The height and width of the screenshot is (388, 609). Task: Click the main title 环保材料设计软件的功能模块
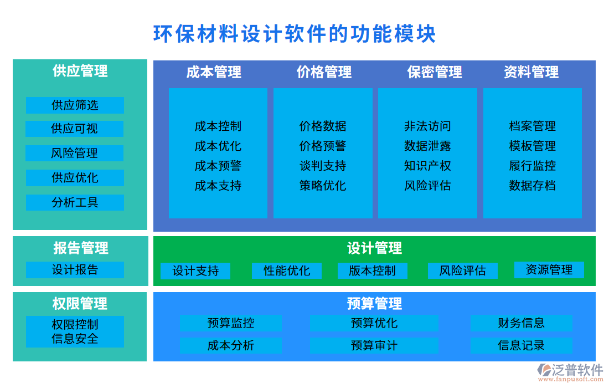[x=295, y=34]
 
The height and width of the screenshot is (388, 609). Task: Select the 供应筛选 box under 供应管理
[x=75, y=105]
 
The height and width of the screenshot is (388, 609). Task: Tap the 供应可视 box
[x=75, y=129]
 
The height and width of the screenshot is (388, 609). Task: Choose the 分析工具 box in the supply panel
[x=75, y=202]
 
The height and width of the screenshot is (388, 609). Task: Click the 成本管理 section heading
[x=214, y=72]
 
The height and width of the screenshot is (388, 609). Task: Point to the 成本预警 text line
[x=218, y=166]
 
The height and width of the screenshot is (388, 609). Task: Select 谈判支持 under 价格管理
[x=323, y=166]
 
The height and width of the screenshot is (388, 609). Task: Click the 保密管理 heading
[x=435, y=72]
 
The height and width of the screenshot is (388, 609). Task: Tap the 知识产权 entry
[x=427, y=166]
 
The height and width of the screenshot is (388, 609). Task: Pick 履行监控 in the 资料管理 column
[x=533, y=166]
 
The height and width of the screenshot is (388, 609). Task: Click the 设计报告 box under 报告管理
[x=75, y=270]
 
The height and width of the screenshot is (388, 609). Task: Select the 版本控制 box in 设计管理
[x=372, y=270]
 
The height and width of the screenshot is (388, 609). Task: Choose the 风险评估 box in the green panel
[x=462, y=270]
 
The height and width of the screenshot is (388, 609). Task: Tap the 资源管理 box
[x=549, y=270]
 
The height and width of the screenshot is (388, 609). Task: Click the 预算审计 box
[x=374, y=345]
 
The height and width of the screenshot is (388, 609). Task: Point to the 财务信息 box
[x=521, y=323]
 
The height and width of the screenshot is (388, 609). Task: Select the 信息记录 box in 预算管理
[x=521, y=345]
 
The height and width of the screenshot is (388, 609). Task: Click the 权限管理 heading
[x=80, y=303]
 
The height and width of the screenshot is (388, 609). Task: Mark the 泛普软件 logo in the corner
[x=570, y=371]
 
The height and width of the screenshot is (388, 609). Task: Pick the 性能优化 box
[x=287, y=270]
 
